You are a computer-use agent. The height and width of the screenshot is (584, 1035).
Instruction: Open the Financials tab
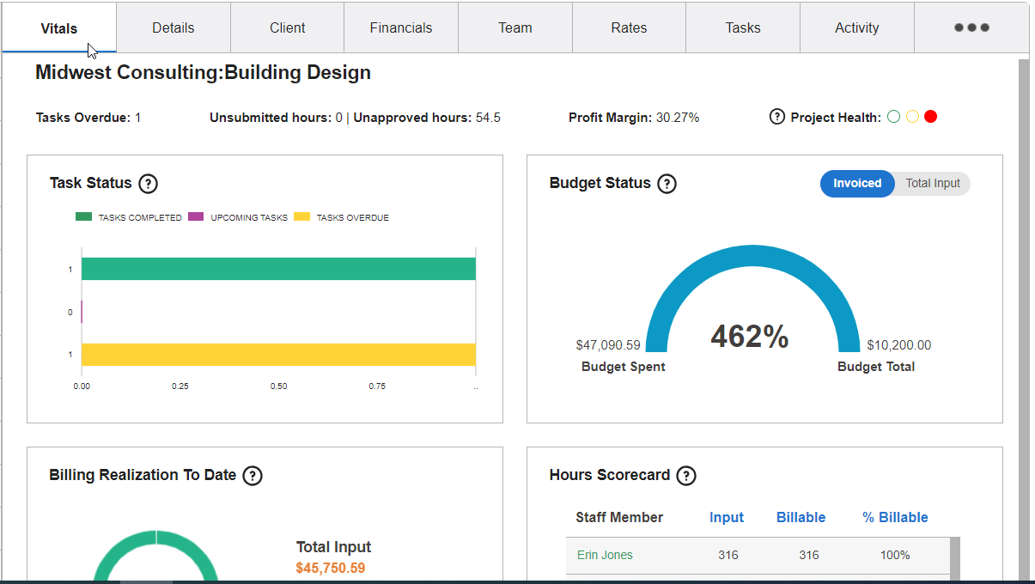(x=401, y=27)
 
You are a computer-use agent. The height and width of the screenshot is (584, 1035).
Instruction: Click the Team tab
(x=514, y=27)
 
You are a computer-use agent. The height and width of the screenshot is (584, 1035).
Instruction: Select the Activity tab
(x=856, y=27)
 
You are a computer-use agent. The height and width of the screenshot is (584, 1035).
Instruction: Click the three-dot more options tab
(x=971, y=27)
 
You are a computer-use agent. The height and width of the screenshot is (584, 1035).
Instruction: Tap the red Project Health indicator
(x=930, y=117)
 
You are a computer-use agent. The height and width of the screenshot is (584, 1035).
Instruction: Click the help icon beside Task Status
(x=148, y=183)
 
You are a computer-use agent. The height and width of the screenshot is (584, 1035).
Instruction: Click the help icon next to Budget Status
(x=667, y=183)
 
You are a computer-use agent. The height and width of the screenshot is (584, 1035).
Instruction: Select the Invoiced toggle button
(x=856, y=183)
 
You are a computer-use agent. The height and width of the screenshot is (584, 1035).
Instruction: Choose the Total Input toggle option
(x=933, y=183)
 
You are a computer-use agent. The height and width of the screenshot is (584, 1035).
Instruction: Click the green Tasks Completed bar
(x=278, y=269)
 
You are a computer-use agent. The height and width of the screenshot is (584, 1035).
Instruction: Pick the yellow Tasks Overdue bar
(x=278, y=355)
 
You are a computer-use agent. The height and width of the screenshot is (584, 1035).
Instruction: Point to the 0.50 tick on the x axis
(x=278, y=386)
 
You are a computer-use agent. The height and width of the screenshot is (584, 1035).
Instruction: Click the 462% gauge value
(x=749, y=337)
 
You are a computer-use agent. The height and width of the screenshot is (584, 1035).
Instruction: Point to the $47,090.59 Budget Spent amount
(x=608, y=345)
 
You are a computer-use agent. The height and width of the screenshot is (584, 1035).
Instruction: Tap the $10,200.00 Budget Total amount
(x=898, y=345)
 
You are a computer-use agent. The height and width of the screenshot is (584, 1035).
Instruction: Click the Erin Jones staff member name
(x=605, y=555)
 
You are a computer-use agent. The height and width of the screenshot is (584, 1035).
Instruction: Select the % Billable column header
(x=895, y=517)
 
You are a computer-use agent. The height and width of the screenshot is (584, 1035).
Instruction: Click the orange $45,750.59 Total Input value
(x=330, y=568)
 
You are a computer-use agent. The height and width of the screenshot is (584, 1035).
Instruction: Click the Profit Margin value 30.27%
(x=678, y=118)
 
